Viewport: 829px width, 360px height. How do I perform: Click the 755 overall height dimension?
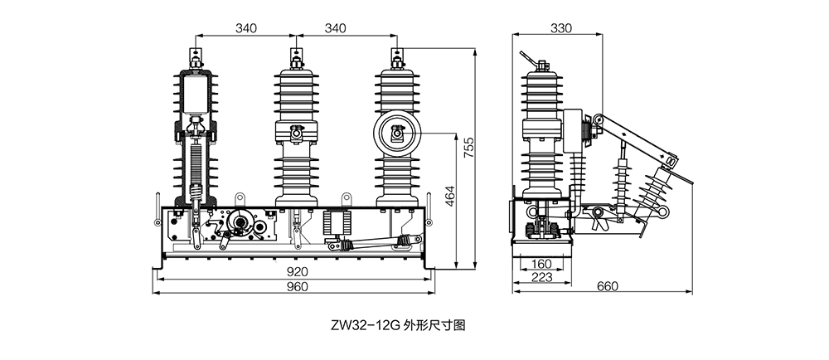(x=468, y=147)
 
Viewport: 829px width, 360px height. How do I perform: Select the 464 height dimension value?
(x=448, y=195)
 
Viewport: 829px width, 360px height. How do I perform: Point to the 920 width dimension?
(x=297, y=272)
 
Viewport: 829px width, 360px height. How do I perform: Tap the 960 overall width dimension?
(x=297, y=287)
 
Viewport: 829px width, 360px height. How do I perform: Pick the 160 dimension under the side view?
(x=541, y=265)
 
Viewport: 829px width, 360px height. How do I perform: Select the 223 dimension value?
(x=541, y=276)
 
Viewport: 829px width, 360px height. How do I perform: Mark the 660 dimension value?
(x=608, y=287)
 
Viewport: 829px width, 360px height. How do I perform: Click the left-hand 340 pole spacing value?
(x=246, y=28)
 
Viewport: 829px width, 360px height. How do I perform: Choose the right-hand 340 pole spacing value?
(x=335, y=28)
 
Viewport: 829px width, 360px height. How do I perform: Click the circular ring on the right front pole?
(x=397, y=132)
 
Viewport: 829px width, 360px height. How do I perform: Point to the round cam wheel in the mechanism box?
(x=241, y=222)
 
